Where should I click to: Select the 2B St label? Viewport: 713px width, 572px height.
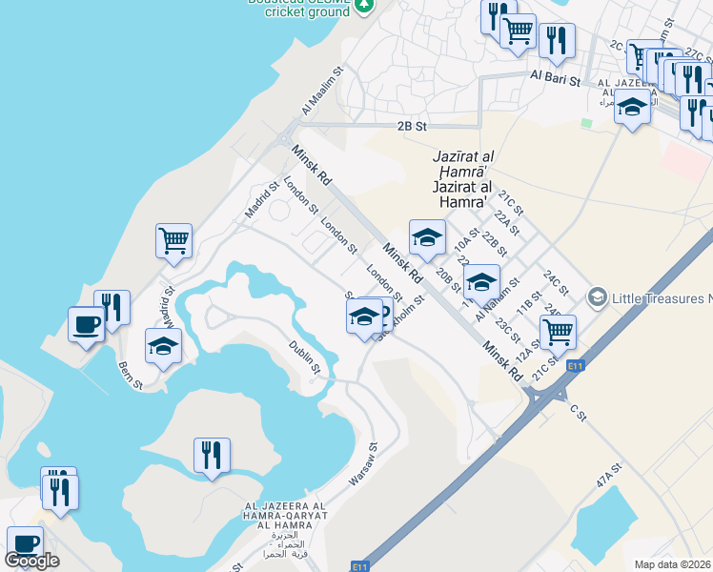pyautogui.click(x=411, y=125)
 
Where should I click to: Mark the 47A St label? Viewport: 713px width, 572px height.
pyautogui.click(x=608, y=476)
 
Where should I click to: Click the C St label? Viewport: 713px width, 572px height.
pyautogui.click(x=576, y=411)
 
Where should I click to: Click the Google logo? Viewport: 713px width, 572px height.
pyautogui.click(x=31, y=561)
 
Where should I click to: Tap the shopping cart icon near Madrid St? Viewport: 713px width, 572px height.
pyautogui.click(x=174, y=240)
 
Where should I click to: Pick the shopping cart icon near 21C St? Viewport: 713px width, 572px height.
pyautogui.click(x=558, y=331)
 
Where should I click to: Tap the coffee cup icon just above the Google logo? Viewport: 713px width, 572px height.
pyautogui.click(x=26, y=542)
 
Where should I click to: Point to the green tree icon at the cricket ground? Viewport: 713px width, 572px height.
pyautogui.click(x=363, y=6)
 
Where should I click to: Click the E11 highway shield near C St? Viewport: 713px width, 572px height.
pyautogui.click(x=574, y=365)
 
